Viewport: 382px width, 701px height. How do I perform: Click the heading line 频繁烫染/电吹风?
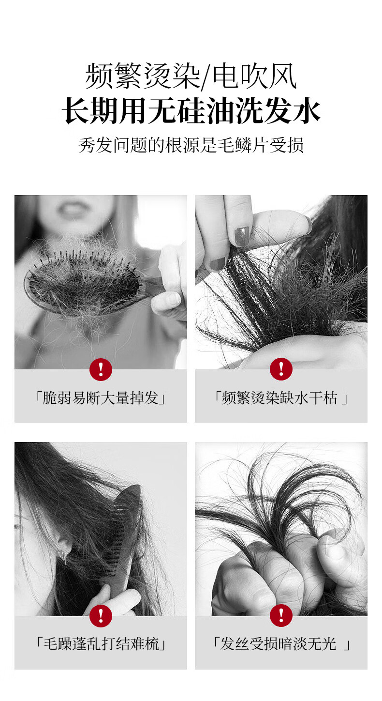pos(191,76)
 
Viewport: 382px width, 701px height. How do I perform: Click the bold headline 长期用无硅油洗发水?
pos(191,111)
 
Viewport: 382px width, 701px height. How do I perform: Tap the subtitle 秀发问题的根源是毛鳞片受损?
pos(191,145)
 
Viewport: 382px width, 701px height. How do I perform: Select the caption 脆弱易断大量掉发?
pos(101,398)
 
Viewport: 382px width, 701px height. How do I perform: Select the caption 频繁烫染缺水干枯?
pos(281,398)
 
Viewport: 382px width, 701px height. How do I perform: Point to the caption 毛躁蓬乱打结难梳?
pos(101,644)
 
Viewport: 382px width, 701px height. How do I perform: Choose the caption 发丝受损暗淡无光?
pos(281,644)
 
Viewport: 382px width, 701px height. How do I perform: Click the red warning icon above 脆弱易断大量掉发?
pos(101,369)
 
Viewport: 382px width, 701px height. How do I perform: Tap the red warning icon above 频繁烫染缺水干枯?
pos(281,369)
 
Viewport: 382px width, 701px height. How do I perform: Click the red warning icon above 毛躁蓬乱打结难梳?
pos(101,616)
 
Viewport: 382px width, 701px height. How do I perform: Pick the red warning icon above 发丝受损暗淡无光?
pos(281,616)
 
